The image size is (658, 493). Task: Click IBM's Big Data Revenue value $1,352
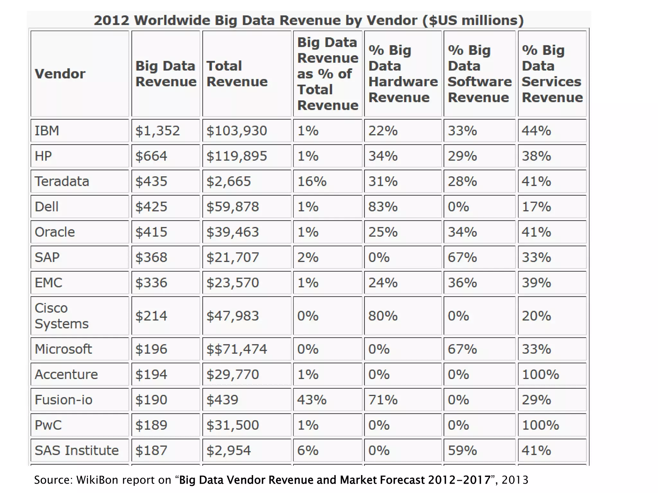[157, 131]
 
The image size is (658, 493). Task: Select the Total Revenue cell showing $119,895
[236, 156]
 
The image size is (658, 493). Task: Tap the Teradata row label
[62, 181]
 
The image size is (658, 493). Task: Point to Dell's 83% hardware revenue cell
[383, 207]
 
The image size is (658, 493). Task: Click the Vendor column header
[60, 74]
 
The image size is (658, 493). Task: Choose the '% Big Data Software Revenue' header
[479, 74]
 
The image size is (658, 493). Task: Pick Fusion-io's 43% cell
[312, 400]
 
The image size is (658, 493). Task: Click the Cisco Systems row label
[61, 316]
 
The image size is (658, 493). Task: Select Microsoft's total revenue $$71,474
[236, 349]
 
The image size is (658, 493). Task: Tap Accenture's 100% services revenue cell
[540, 375]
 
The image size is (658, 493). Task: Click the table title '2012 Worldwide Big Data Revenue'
[308, 20]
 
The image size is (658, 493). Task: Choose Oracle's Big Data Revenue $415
[151, 232]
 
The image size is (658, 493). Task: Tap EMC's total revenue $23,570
[233, 283]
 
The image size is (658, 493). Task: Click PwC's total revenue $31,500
[233, 425]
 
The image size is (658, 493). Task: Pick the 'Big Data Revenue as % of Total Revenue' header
[327, 74]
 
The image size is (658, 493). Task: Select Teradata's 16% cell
[312, 181]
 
